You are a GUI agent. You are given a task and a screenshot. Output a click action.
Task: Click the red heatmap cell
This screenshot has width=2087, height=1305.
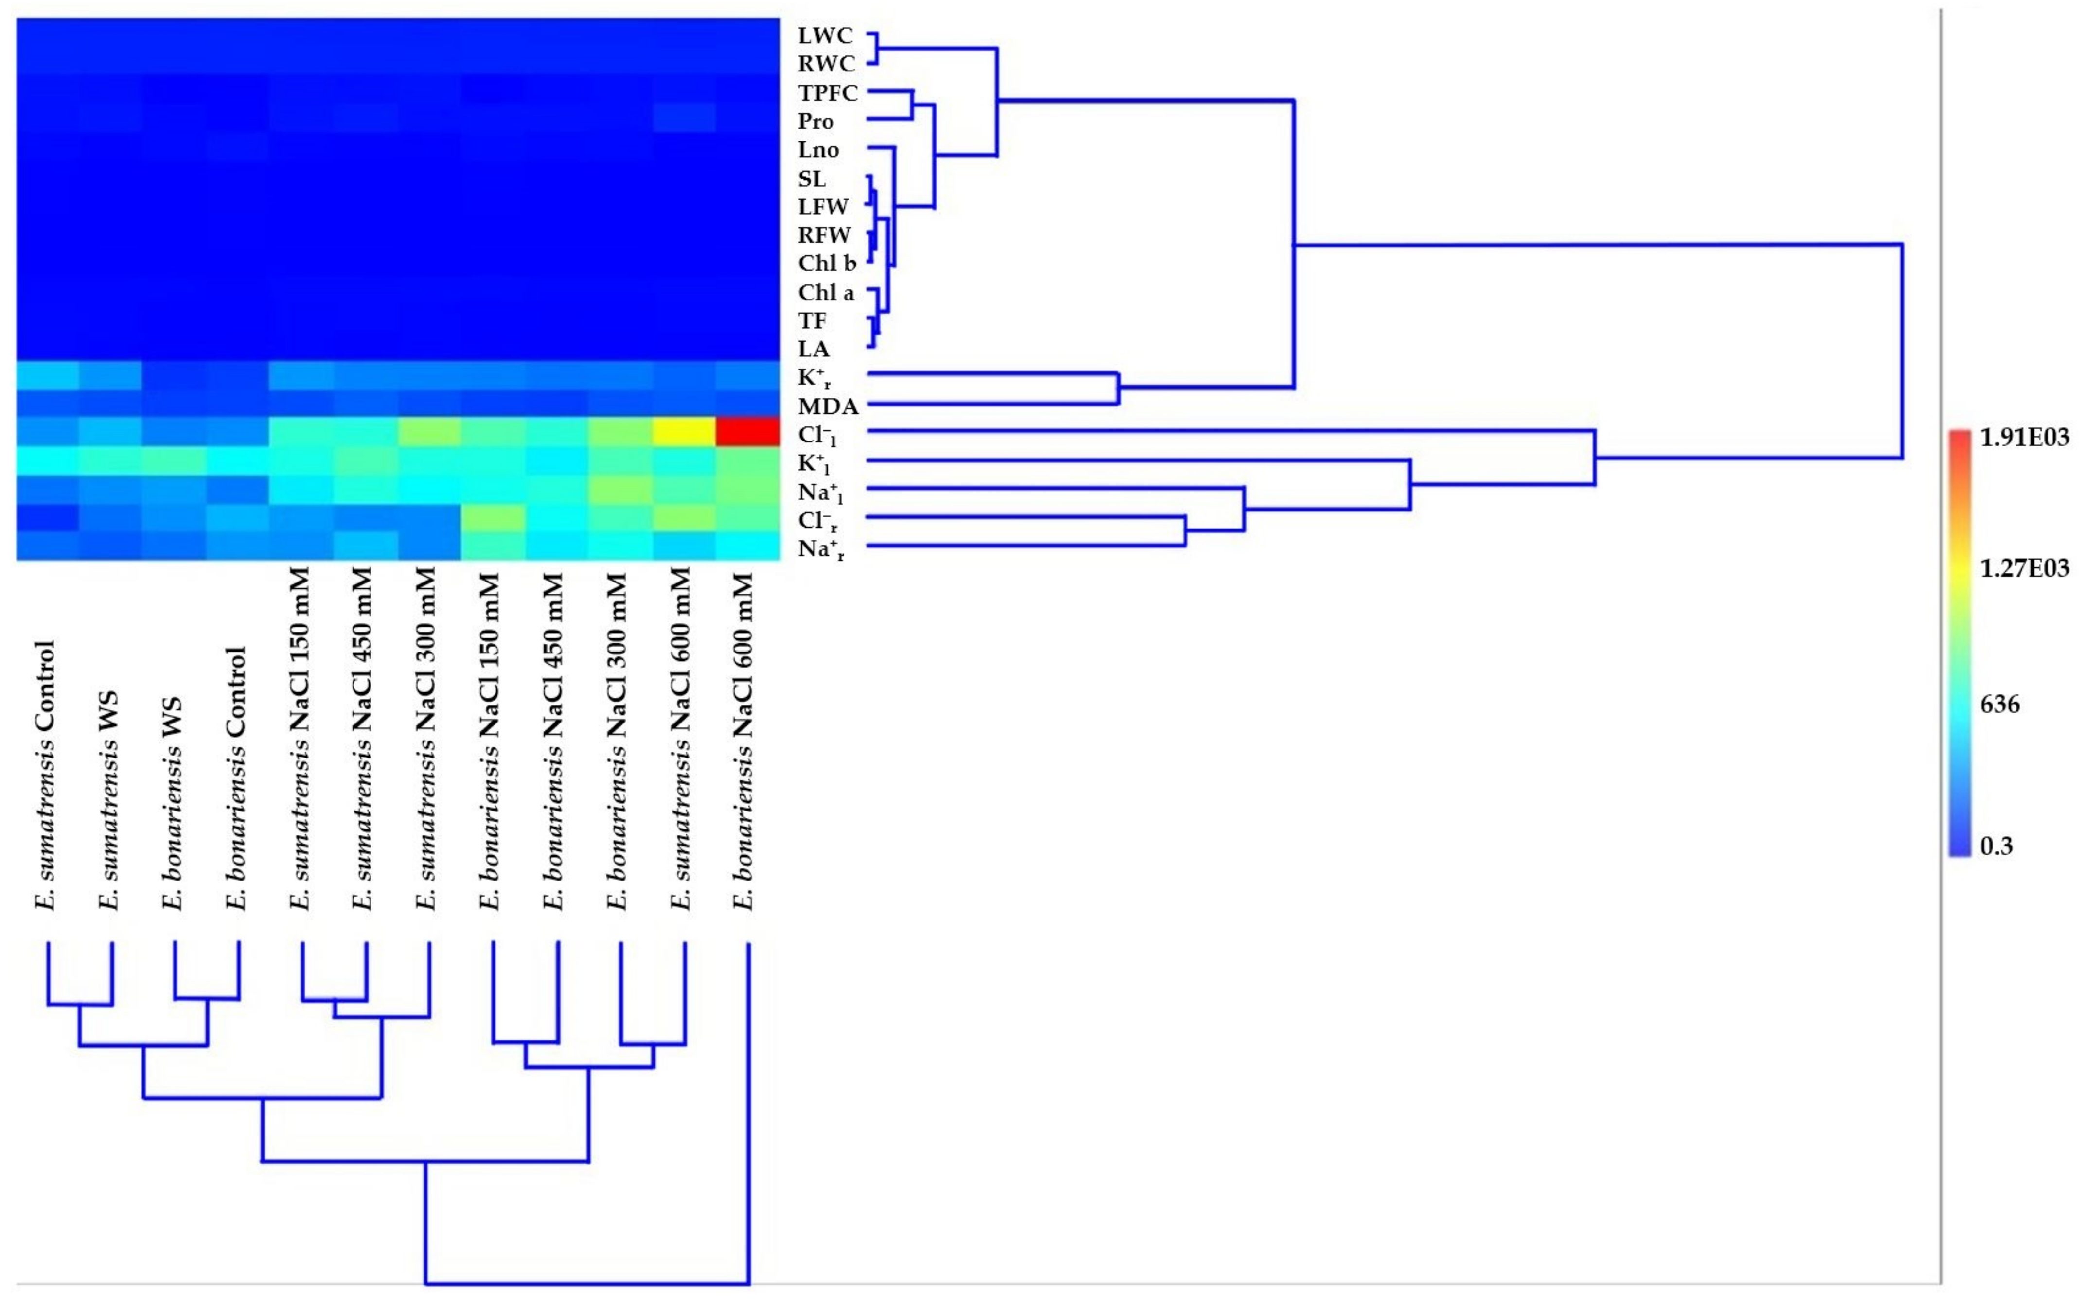[747, 431]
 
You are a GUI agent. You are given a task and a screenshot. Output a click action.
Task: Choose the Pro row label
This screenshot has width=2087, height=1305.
[815, 122]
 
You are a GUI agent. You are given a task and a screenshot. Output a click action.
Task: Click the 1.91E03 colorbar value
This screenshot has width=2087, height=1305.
[2024, 438]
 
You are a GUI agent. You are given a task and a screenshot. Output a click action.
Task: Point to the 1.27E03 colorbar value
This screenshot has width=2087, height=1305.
[2024, 568]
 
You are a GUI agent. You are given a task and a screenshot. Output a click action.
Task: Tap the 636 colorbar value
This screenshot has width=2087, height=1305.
[2000, 705]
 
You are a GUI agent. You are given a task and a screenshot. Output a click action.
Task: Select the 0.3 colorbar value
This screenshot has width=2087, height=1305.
[1996, 846]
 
